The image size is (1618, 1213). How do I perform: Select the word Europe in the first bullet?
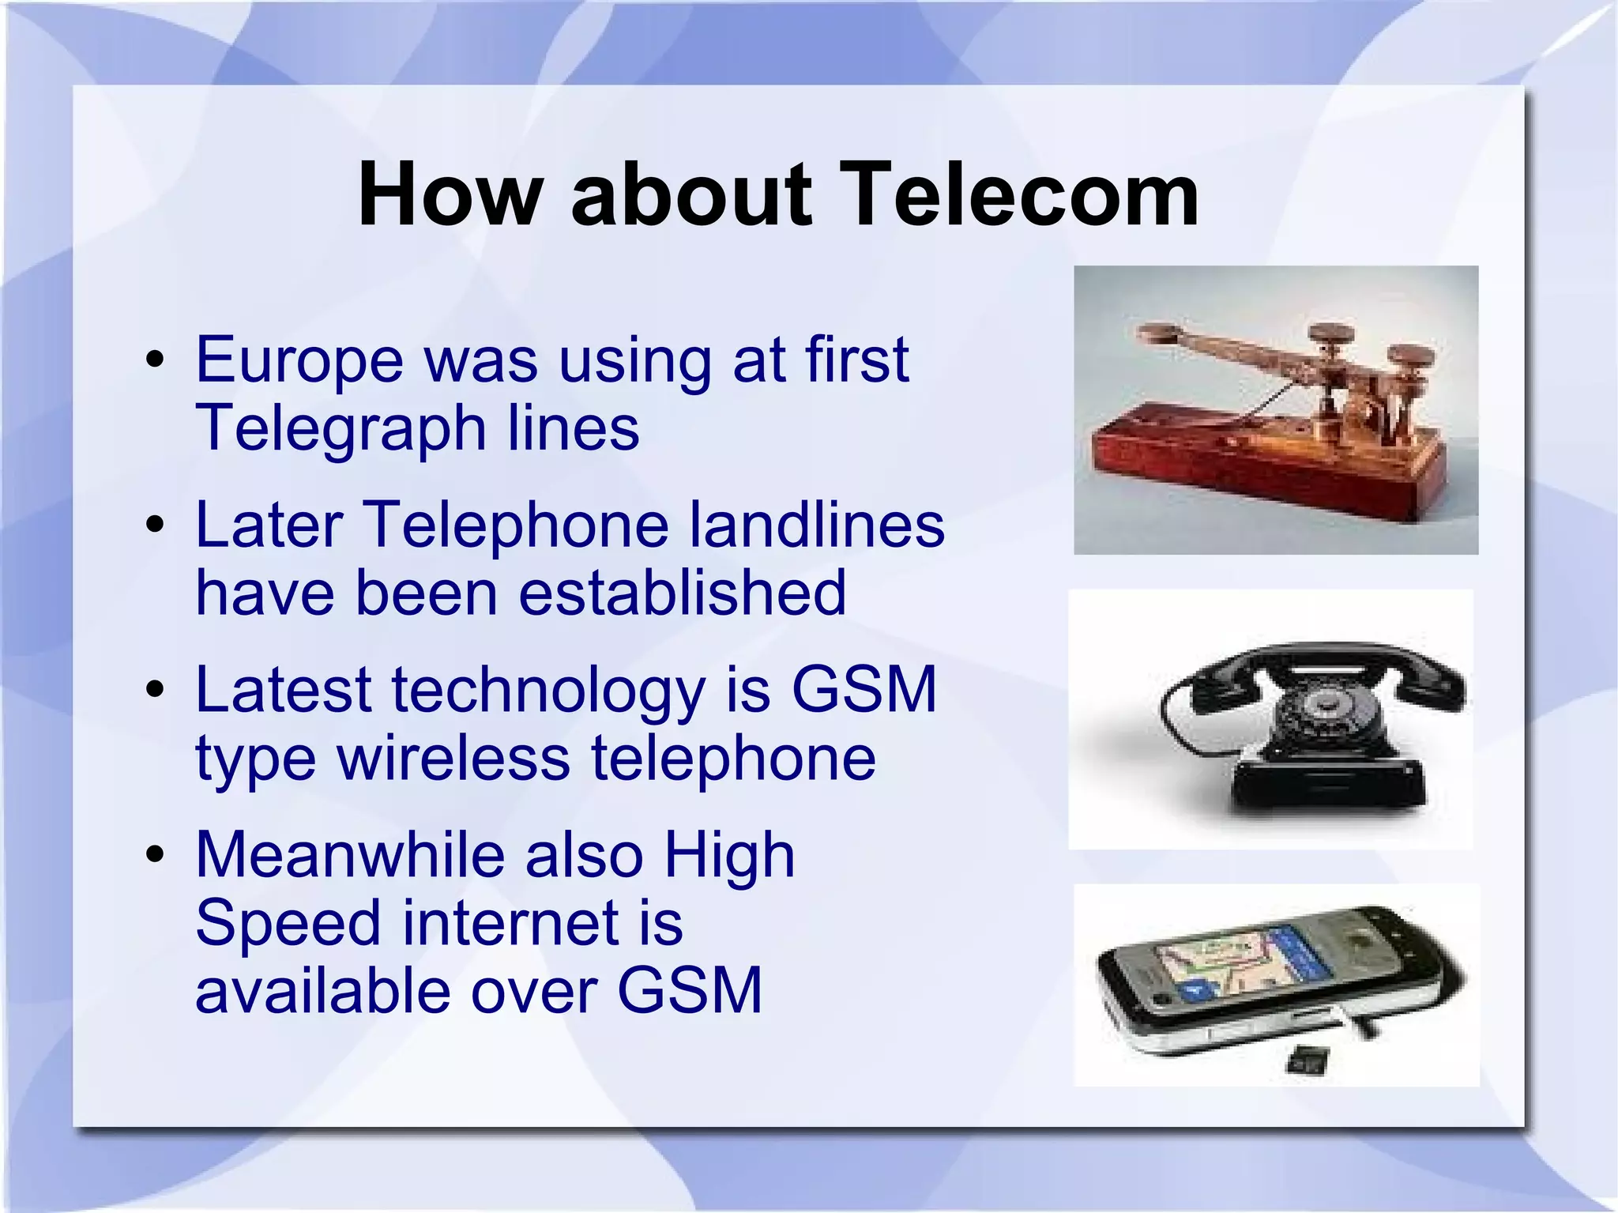tap(299, 360)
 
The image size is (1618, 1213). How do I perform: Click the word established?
tap(682, 593)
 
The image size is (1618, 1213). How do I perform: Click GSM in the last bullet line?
tap(689, 992)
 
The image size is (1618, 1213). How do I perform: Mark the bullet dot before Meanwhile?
tap(156, 856)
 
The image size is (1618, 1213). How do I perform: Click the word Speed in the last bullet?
tap(288, 924)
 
